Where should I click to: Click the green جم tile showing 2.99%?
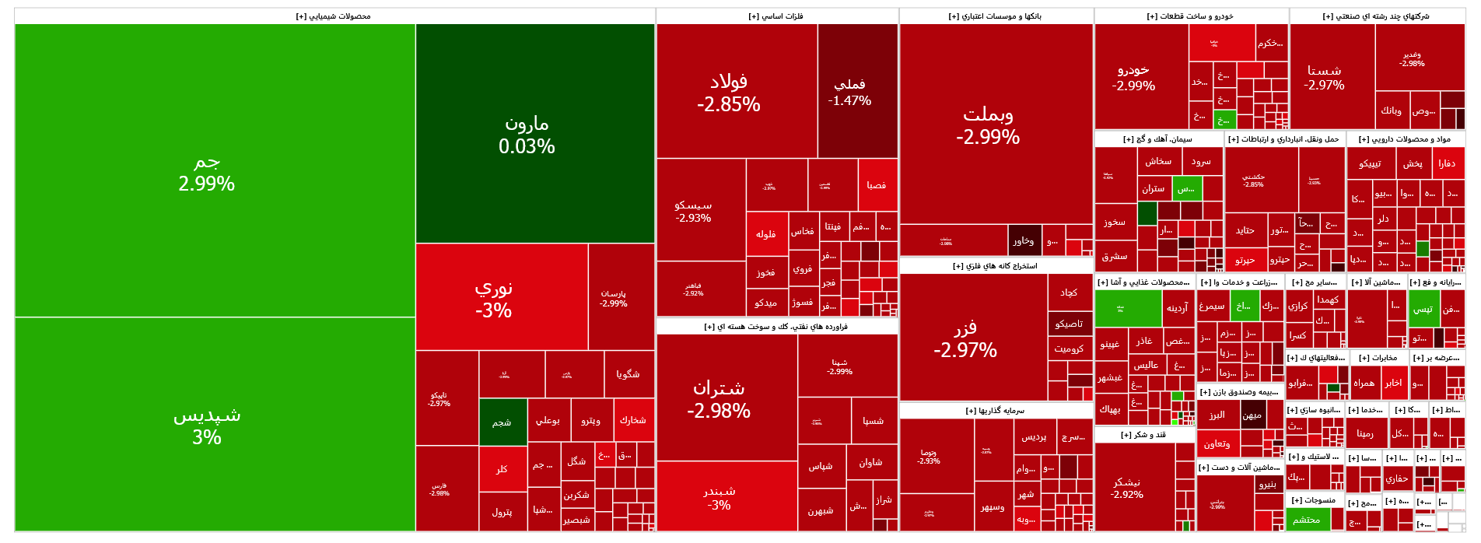tap(207, 171)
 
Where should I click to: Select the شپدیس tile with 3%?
tap(207, 425)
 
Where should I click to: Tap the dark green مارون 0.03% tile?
tap(527, 134)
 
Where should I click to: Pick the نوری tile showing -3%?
tap(494, 298)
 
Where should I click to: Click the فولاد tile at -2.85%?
tap(729, 92)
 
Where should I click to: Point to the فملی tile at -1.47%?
tap(849, 91)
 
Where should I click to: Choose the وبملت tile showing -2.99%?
tap(988, 124)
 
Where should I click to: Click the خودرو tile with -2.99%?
tap(1133, 77)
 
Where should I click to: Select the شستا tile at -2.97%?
tap(1324, 77)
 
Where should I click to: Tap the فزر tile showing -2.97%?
tap(965, 338)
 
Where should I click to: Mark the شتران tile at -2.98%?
tap(719, 398)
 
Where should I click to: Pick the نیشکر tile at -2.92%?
tap(1126, 488)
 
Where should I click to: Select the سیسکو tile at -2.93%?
tap(693, 211)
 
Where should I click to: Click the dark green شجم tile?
tap(502, 422)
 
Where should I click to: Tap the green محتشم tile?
tap(1306, 520)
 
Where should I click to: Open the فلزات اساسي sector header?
tap(776, 16)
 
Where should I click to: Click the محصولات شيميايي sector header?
tap(334, 16)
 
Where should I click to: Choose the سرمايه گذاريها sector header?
tap(995, 410)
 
